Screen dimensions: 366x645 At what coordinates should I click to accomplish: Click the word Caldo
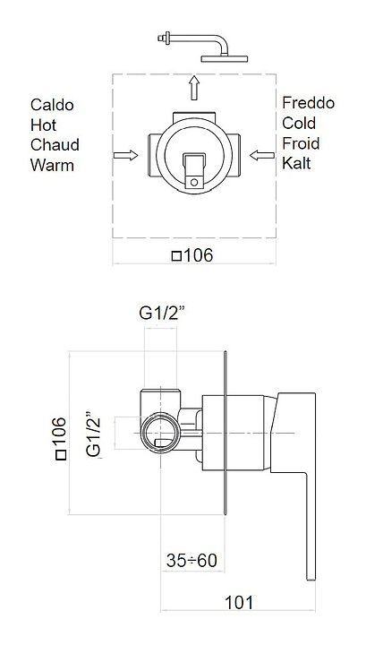52,105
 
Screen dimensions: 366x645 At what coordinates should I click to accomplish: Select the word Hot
43,125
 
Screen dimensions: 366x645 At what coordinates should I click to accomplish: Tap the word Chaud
55,145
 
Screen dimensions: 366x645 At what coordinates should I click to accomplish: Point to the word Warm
52,165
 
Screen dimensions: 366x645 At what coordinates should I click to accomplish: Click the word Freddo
308,103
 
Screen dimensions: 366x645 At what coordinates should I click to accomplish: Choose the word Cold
299,123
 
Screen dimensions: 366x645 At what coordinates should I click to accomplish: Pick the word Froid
301,143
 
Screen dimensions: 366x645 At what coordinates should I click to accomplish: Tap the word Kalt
296,163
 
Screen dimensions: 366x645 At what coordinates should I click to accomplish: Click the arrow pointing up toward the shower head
194,88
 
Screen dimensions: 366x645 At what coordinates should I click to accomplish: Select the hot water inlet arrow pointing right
125,155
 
